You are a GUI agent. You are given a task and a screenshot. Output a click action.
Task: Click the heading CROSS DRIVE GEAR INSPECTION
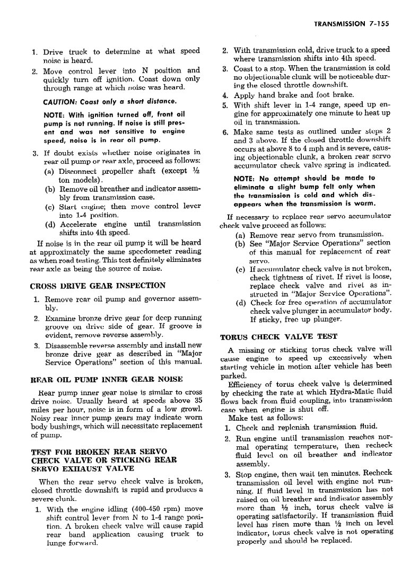[98, 286]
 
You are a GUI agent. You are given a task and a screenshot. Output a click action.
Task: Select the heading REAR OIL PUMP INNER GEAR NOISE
[107, 379]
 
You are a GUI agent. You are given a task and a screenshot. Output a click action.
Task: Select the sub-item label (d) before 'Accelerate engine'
[50, 224]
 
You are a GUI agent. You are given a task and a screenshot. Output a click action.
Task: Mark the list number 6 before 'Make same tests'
[225, 132]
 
